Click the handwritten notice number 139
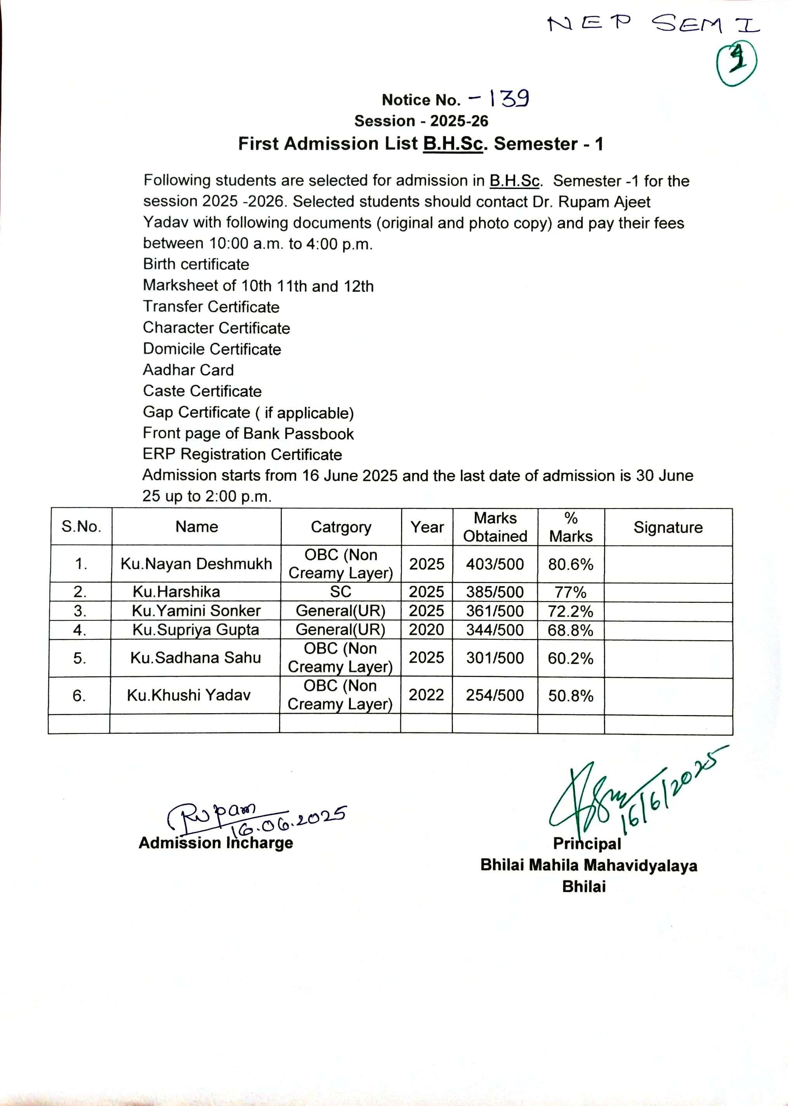(x=509, y=99)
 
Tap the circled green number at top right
(x=737, y=64)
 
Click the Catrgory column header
(x=341, y=527)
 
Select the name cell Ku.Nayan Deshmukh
(x=196, y=564)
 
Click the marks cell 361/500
(x=495, y=611)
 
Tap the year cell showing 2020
(x=426, y=630)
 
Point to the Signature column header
(x=668, y=528)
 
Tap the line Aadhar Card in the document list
(x=188, y=370)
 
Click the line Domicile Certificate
(x=212, y=349)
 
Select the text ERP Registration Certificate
(x=242, y=455)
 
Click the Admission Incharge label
(x=215, y=843)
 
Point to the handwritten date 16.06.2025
(x=289, y=819)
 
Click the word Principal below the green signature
(x=587, y=844)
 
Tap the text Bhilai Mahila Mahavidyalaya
(x=588, y=865)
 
